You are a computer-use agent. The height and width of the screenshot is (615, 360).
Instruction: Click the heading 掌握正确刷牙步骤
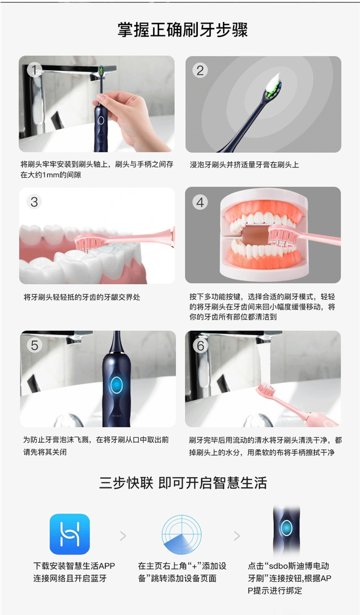click(x=183, y=30)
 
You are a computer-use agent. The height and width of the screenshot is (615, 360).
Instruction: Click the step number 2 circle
click(x=200, y=71)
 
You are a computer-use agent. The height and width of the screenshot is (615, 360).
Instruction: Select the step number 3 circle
click(x=34, y=202)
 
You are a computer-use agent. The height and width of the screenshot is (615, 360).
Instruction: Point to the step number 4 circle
click(x=200, y=202)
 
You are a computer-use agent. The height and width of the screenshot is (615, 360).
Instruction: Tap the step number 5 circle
click(x=35, y=345)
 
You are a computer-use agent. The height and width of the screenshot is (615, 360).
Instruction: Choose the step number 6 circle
click(x=200, y=345)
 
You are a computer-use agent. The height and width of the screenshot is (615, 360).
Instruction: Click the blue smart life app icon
click(x=70, y=534)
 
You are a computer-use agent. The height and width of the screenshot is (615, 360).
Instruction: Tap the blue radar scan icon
click(x=181, y=534)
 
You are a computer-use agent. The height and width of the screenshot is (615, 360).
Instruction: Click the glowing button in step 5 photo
click(x=117, y=385)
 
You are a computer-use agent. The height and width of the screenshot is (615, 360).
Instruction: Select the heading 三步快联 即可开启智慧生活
click(x=183, y=483)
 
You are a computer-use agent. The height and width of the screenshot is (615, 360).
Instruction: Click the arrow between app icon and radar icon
click(x=123, y=536)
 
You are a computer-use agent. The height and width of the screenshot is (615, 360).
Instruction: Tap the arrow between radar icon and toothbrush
click(x=237, y=536)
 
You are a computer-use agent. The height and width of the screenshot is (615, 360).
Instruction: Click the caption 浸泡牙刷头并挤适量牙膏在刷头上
click(x=244, y=165)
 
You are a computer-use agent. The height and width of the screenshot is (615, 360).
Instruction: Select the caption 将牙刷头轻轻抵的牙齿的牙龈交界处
click(x=82, y=297)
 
